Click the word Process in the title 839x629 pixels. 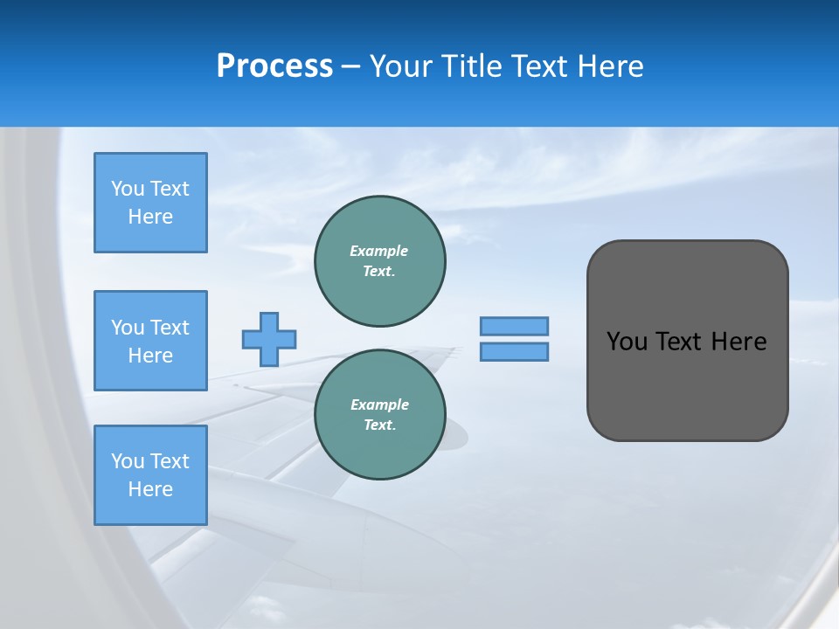[x=274, y=66]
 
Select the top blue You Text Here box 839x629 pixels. [x=150, y=203]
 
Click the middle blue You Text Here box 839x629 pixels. [x=150, y=341]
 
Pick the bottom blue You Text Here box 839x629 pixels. [x=150, y=475]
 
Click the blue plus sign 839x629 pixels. [x=269, y=339]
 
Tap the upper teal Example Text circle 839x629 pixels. [x=380, y=261]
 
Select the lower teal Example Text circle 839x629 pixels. [x=380, y=414]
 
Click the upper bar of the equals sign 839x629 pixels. [x=514, y=326]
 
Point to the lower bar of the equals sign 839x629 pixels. [x=514, y=351]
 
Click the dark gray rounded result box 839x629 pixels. [x=687, y=384]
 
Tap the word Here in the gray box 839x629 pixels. [x=738, y=342]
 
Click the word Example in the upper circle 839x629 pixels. [x=378, y=251]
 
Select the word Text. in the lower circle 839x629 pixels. [x=379, y=425]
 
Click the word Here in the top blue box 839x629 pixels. [x=150, y=217]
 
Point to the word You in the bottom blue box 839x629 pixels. [x=128, y=461]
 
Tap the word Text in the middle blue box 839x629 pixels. [x=170, y=328]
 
